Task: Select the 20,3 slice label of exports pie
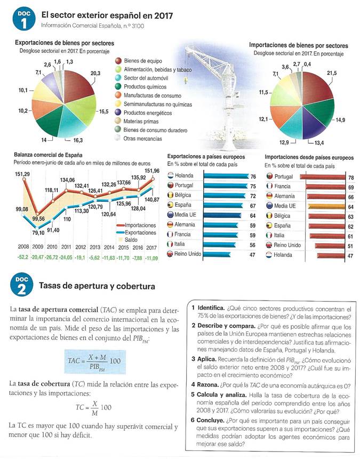(95, 73)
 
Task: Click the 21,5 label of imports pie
(331, 73)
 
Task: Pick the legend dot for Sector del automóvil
(119, 78)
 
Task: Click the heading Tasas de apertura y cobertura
(97, 287)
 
